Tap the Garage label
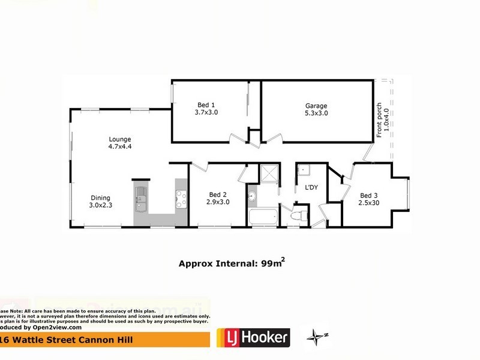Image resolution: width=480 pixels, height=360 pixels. point(316,105)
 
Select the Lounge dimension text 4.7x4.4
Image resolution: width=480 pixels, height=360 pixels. point(119,146)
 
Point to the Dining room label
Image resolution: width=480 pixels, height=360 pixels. point(100,197)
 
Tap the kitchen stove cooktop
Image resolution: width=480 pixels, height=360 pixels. point(181,198)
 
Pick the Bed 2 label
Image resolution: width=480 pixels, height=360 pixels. point(217,194)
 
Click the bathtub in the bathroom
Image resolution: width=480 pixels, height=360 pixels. point(262,216)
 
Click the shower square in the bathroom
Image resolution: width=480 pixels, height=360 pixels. point(268,175)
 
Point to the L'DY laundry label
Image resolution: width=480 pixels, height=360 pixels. point(311,188)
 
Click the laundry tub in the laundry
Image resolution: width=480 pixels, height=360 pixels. point(303,170)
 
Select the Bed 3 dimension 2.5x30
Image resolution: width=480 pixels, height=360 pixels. point(369,203)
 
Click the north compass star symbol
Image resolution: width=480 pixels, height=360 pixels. point(316,337)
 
